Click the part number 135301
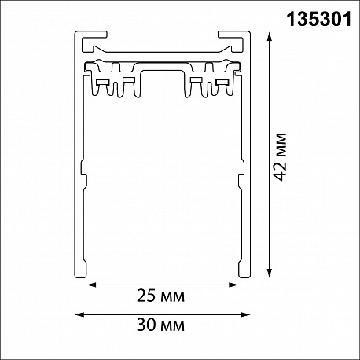pos(319,20)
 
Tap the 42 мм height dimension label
pos(280,157)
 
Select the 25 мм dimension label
pos(160,296)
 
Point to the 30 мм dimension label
pos(160,325)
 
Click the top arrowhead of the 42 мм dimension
pos(269,36)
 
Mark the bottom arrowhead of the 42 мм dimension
pos(269,273)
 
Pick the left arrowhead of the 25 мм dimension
pos(91,285)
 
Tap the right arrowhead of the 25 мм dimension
pos(233,285)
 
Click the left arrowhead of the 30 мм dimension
pos(79,314)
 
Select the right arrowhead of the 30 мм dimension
pos(245,314)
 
